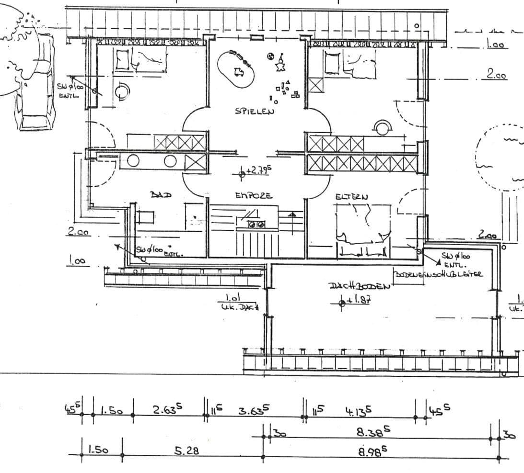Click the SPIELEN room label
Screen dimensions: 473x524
(x=255, y=112)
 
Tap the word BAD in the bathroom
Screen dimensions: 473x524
(x=161, y=194)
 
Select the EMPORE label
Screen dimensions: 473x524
(x=254, y=195)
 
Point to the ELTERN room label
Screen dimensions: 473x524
(x=351, y=197)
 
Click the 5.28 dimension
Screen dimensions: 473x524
(x=186, y=450)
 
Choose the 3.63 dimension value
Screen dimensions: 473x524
(x=254, y=410)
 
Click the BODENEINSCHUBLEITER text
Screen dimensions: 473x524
(x=438, y=274)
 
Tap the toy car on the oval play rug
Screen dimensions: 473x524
(x=239, y=72)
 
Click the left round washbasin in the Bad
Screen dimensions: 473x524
(x=133, y=161)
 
